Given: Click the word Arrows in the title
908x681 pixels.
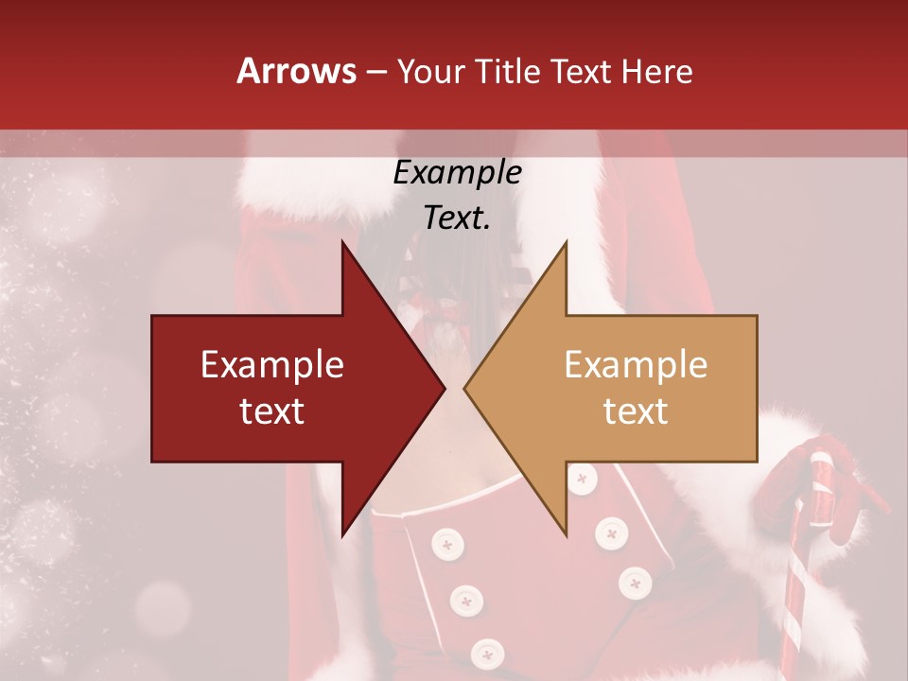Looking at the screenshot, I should [296, 71].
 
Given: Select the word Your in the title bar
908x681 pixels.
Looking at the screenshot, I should [431, 72].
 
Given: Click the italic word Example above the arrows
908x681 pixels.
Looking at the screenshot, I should [457, 173].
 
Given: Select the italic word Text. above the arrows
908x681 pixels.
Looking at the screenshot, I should [457, 218].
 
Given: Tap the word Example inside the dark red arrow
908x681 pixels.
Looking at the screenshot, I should [272, 365].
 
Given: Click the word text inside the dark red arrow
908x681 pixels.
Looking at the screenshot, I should [272, 411].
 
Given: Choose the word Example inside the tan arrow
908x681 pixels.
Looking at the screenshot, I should [636, 365].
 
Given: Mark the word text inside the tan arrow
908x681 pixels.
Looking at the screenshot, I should [636, 411].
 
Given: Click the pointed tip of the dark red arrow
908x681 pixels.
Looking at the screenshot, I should [443, 389].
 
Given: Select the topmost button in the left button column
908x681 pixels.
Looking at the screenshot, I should [445, 544].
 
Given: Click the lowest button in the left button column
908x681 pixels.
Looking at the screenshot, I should [488, 652].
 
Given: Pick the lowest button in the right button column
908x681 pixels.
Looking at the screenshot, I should [634, 583].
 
